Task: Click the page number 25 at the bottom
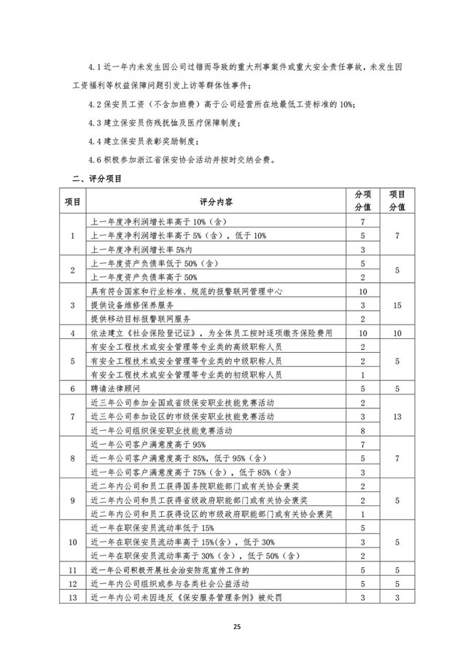(236, 626)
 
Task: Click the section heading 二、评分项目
(96, 178)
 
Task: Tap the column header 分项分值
(362, 200)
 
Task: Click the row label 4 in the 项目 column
(71, 332)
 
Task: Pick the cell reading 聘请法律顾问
(116, 389)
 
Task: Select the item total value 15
(397, 305)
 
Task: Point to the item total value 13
(397, 417)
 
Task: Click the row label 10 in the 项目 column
(71, 543)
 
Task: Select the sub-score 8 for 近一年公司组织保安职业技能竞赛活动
(362, 431)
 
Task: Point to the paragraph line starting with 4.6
(191, 160)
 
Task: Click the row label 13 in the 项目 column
(71, 599)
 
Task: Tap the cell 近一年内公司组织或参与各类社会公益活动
(171, 585)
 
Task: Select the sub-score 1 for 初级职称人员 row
(362, 375)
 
